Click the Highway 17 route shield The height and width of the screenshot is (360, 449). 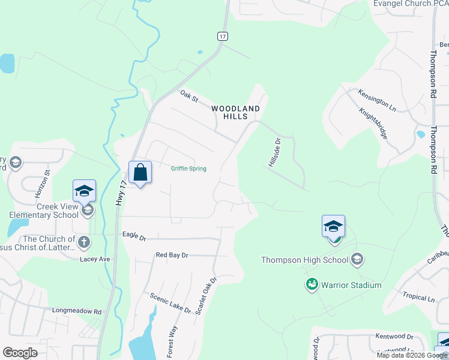tap(223, 37)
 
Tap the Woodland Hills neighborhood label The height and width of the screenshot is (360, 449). tap(236, 112)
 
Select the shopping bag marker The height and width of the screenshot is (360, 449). tap(140, 173)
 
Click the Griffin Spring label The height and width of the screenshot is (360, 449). tap(188, 169)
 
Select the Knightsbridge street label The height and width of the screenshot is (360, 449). tap(373, 124)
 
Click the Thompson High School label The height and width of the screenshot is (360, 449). tap(304, 260)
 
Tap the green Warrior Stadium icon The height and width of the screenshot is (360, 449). tap(312, 284)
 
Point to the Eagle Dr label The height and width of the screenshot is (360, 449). tap(134, 237)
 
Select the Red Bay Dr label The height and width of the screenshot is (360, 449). tap(172, 255)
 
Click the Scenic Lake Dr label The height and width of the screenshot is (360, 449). tap(170, 304)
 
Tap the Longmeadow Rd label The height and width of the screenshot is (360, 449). tap(76, 311)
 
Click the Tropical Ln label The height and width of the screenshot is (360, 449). tap(418, 298)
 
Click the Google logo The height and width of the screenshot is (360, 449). tap(20, 352)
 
